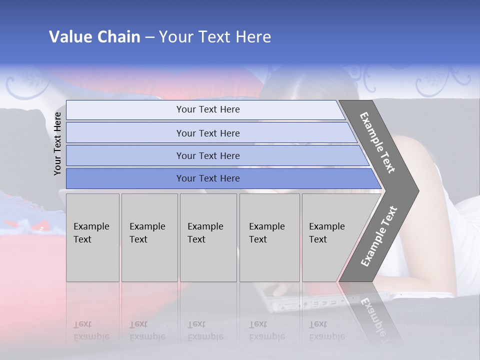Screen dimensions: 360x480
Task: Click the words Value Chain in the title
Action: [x=94, y=37]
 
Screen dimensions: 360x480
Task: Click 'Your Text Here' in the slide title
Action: [x=215, y=37]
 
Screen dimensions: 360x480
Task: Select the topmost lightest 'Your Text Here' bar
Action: [x=207, y=109]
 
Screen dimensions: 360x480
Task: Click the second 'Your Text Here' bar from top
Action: [x=207, y=133]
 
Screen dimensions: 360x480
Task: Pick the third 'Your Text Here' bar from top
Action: [x=207, y=155]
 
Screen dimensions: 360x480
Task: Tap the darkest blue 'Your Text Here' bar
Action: [x=207, y=178]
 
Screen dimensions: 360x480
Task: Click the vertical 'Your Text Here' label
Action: [x=57, y=143]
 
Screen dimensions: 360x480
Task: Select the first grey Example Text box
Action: [x=92, y=237]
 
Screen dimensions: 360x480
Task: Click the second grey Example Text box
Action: [x=149, y=237]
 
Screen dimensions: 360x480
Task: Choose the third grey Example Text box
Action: [x=208, y=237]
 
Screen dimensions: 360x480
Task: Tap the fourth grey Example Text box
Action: [x=269, y=237]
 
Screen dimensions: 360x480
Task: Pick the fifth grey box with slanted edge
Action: [x=330, y=237]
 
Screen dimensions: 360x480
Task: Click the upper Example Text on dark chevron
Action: [x=378, y=142]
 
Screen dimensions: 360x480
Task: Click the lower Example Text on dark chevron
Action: [x=379, y=236]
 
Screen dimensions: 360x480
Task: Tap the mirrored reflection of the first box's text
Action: [x=91, y=330]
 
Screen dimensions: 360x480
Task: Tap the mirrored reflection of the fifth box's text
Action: [x=327, y=330]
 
